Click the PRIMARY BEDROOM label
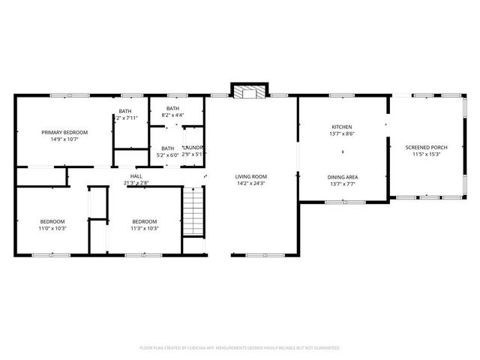pos(64,132)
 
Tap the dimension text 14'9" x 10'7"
pos(64,139)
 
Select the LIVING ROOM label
pos(251,175)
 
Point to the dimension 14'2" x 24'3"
pos(251,183)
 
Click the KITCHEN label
pos(342,127)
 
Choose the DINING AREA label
pos(342,176)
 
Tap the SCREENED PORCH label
pos(426,147)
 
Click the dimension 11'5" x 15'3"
pos(426,154)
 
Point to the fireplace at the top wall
pos(248,93)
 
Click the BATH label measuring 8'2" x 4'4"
pos(172,108)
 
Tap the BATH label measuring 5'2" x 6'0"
pos(168,148)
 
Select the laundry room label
pos(193,148)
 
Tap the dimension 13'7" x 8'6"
pos(342,134)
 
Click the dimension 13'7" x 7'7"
pos(342,184)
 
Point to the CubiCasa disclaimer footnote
pos(240,348)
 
